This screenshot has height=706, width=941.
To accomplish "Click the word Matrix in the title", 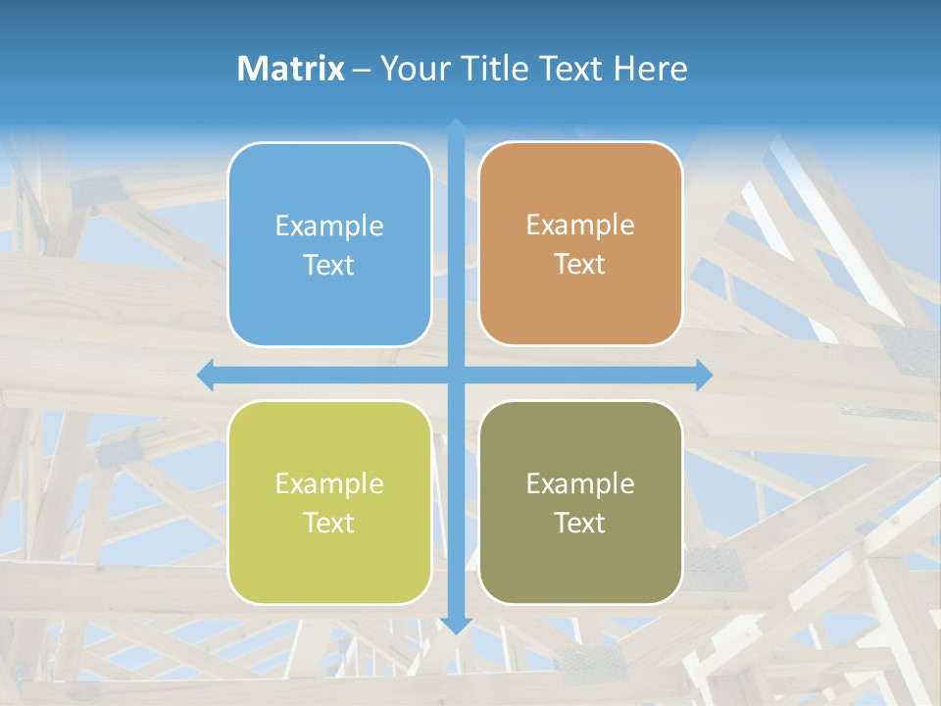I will (290, 69).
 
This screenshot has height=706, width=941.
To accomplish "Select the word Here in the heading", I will (650, 69).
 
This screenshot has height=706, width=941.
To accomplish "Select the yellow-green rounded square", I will (329, 559).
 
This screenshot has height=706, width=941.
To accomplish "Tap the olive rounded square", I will (580, 559).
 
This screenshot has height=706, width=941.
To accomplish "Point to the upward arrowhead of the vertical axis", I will (456, 128).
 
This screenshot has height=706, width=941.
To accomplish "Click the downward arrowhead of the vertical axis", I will (456, 625).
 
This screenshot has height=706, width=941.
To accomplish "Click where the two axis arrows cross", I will (456, 375).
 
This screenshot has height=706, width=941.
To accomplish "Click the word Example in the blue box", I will (329, 226).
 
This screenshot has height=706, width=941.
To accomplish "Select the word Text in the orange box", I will (580, 265).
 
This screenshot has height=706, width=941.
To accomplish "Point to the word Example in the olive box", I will (580, 483).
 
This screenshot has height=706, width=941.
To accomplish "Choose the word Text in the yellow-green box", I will (329, 523).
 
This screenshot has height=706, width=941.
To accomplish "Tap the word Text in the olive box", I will (580, 523).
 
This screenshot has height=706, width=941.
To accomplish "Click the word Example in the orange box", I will (580, 226).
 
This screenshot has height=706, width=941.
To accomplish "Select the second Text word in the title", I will (570, 69).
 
